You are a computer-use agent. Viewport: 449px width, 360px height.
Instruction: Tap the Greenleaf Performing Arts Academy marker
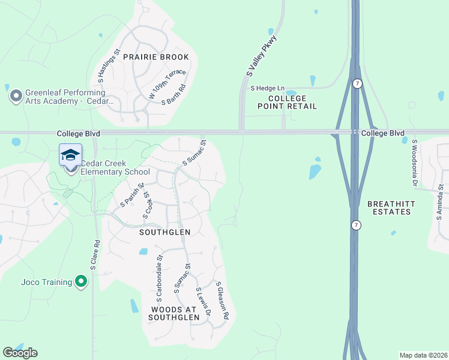tap(16, 95)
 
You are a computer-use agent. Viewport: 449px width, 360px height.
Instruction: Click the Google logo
tap(20, 353)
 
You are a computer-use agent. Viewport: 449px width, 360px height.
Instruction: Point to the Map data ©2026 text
tap(423, 355)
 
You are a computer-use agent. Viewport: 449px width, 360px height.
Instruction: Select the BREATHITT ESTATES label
tap(391, 208)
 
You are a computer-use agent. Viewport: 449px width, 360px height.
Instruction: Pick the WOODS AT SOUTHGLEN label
tap(173, 313)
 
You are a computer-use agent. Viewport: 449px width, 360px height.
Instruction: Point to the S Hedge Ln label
tap(268, 88)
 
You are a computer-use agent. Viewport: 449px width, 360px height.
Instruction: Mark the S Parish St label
tap(132, 195)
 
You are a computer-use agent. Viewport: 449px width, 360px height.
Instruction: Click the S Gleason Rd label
tap(222, 299)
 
